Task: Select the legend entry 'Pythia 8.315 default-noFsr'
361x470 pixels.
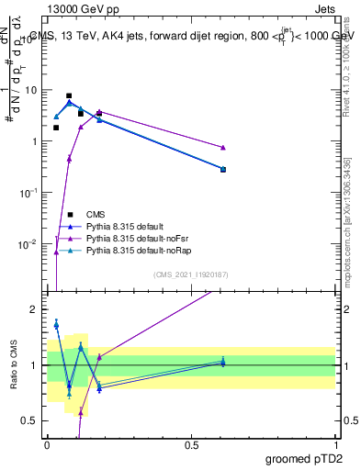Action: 137,238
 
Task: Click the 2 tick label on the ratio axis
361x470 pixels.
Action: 36,310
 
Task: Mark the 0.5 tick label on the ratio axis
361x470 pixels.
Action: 32,421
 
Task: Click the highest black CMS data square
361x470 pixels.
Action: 69,95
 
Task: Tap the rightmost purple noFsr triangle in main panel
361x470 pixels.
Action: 223,148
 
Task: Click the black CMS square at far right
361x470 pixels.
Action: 223,170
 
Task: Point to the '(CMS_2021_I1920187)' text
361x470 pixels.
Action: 191,274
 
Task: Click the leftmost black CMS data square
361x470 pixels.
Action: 56,128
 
